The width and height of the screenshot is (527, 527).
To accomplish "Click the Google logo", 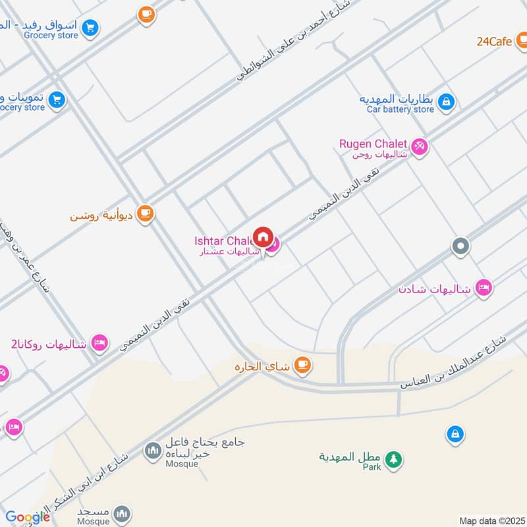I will point(27,517).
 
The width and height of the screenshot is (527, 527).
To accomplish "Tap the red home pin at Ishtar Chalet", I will point(263,236).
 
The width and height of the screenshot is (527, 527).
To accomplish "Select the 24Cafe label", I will point(495,41).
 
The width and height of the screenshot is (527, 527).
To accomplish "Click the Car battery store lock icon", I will point(446,101).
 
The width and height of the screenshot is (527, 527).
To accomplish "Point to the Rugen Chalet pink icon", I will point(420,146).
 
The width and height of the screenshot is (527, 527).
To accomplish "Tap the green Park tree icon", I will point(393,459).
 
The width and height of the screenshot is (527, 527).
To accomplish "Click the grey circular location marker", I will point(460,246).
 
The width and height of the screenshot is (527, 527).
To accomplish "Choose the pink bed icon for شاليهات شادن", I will point(484,288).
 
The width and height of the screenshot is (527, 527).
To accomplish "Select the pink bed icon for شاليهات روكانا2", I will point(99,342).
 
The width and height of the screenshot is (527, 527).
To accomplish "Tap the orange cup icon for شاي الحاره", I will point(302,364).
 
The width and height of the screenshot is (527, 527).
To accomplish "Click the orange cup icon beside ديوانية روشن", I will point(145,213).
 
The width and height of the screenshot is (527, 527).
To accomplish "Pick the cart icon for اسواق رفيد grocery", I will point(90,28).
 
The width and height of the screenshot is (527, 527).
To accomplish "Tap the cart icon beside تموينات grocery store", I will point(57,99).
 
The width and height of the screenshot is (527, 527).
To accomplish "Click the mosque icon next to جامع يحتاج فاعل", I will point(153,451).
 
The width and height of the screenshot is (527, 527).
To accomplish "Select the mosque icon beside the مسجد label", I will point(121,513).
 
